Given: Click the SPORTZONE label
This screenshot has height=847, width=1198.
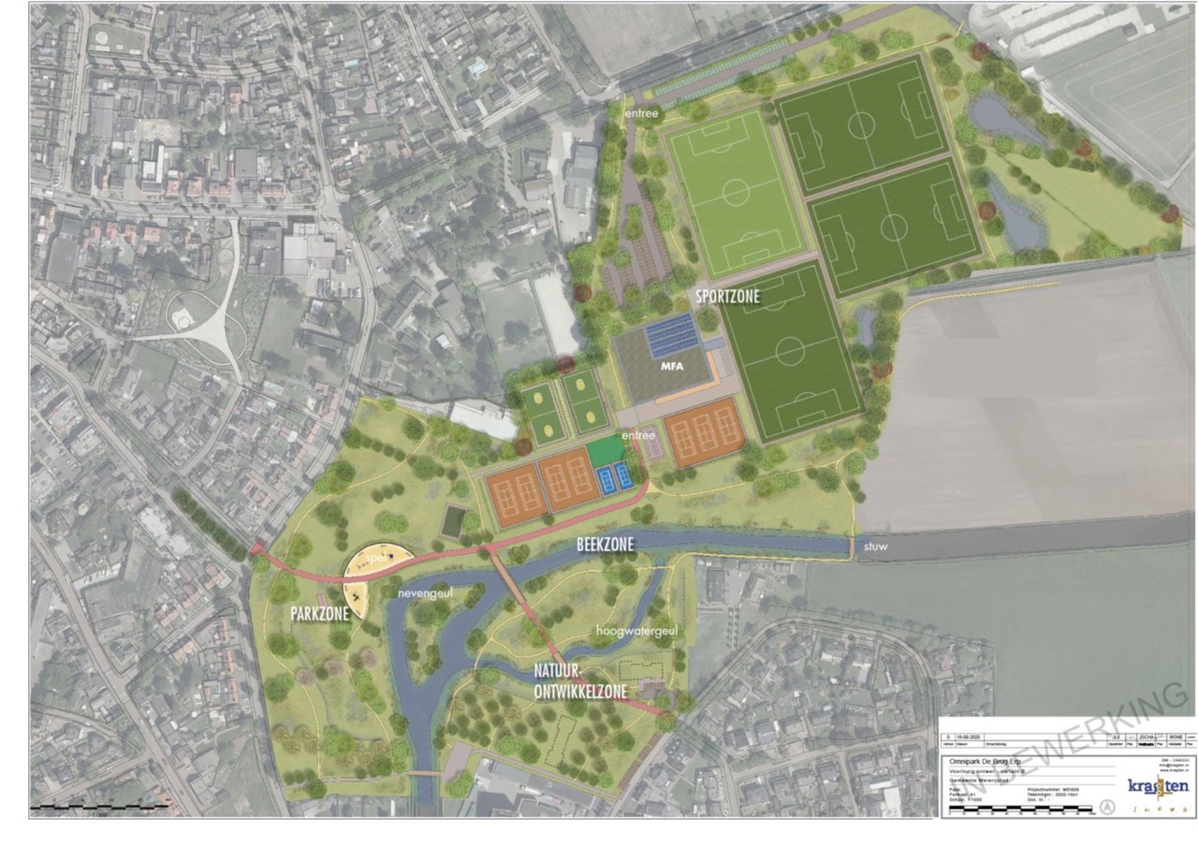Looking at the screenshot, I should click(727, 297).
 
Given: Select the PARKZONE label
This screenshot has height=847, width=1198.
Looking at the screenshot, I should click(319, 614).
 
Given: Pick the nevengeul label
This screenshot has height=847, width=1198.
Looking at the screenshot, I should click(426, 592).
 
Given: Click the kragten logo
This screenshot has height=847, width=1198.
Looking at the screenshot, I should click(1158, 784).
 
